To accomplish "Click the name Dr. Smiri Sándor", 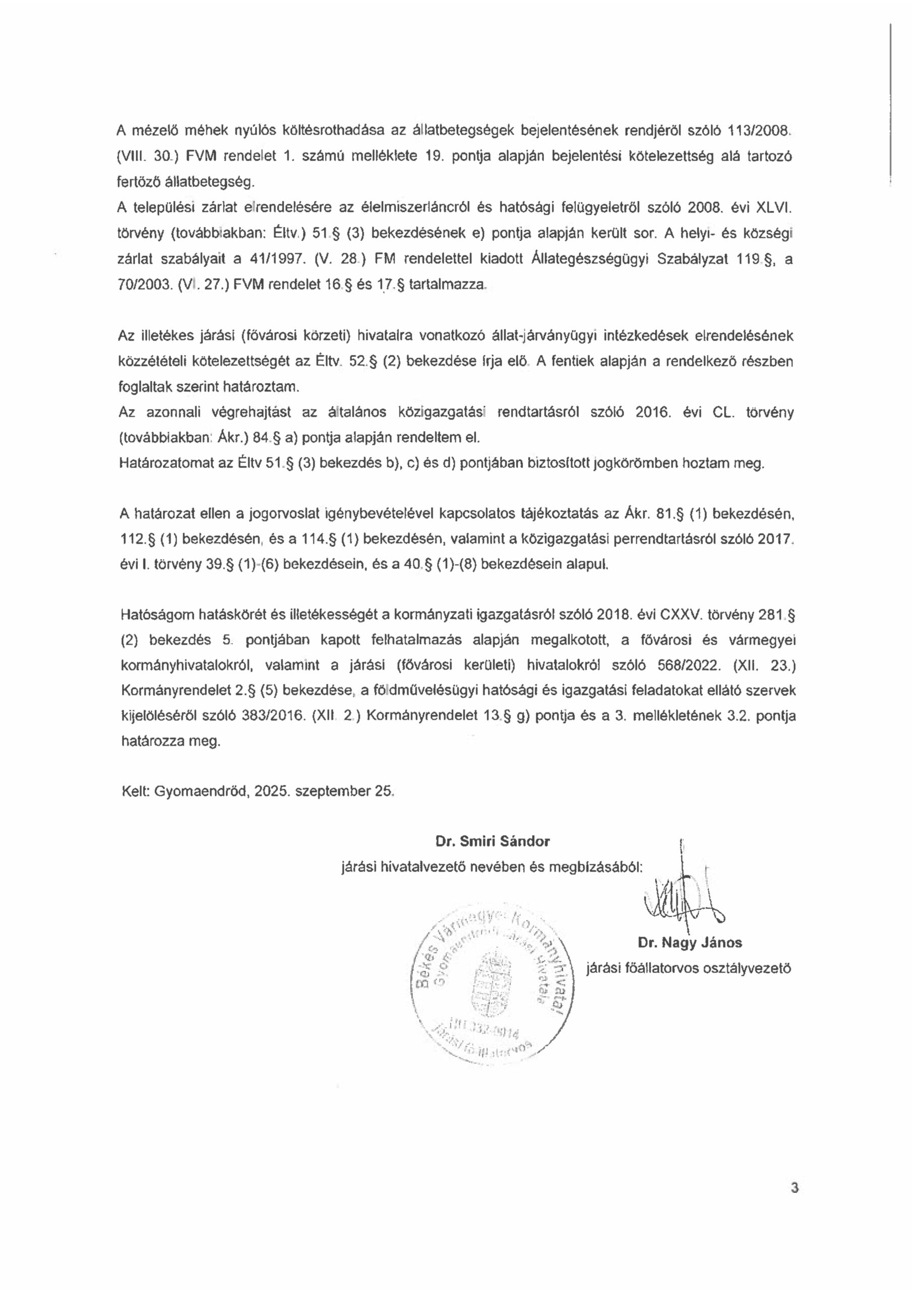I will [492, 841].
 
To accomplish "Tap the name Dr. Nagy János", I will [690, 943].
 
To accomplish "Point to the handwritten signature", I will [683, 902].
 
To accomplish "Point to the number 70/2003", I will [143, 285].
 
